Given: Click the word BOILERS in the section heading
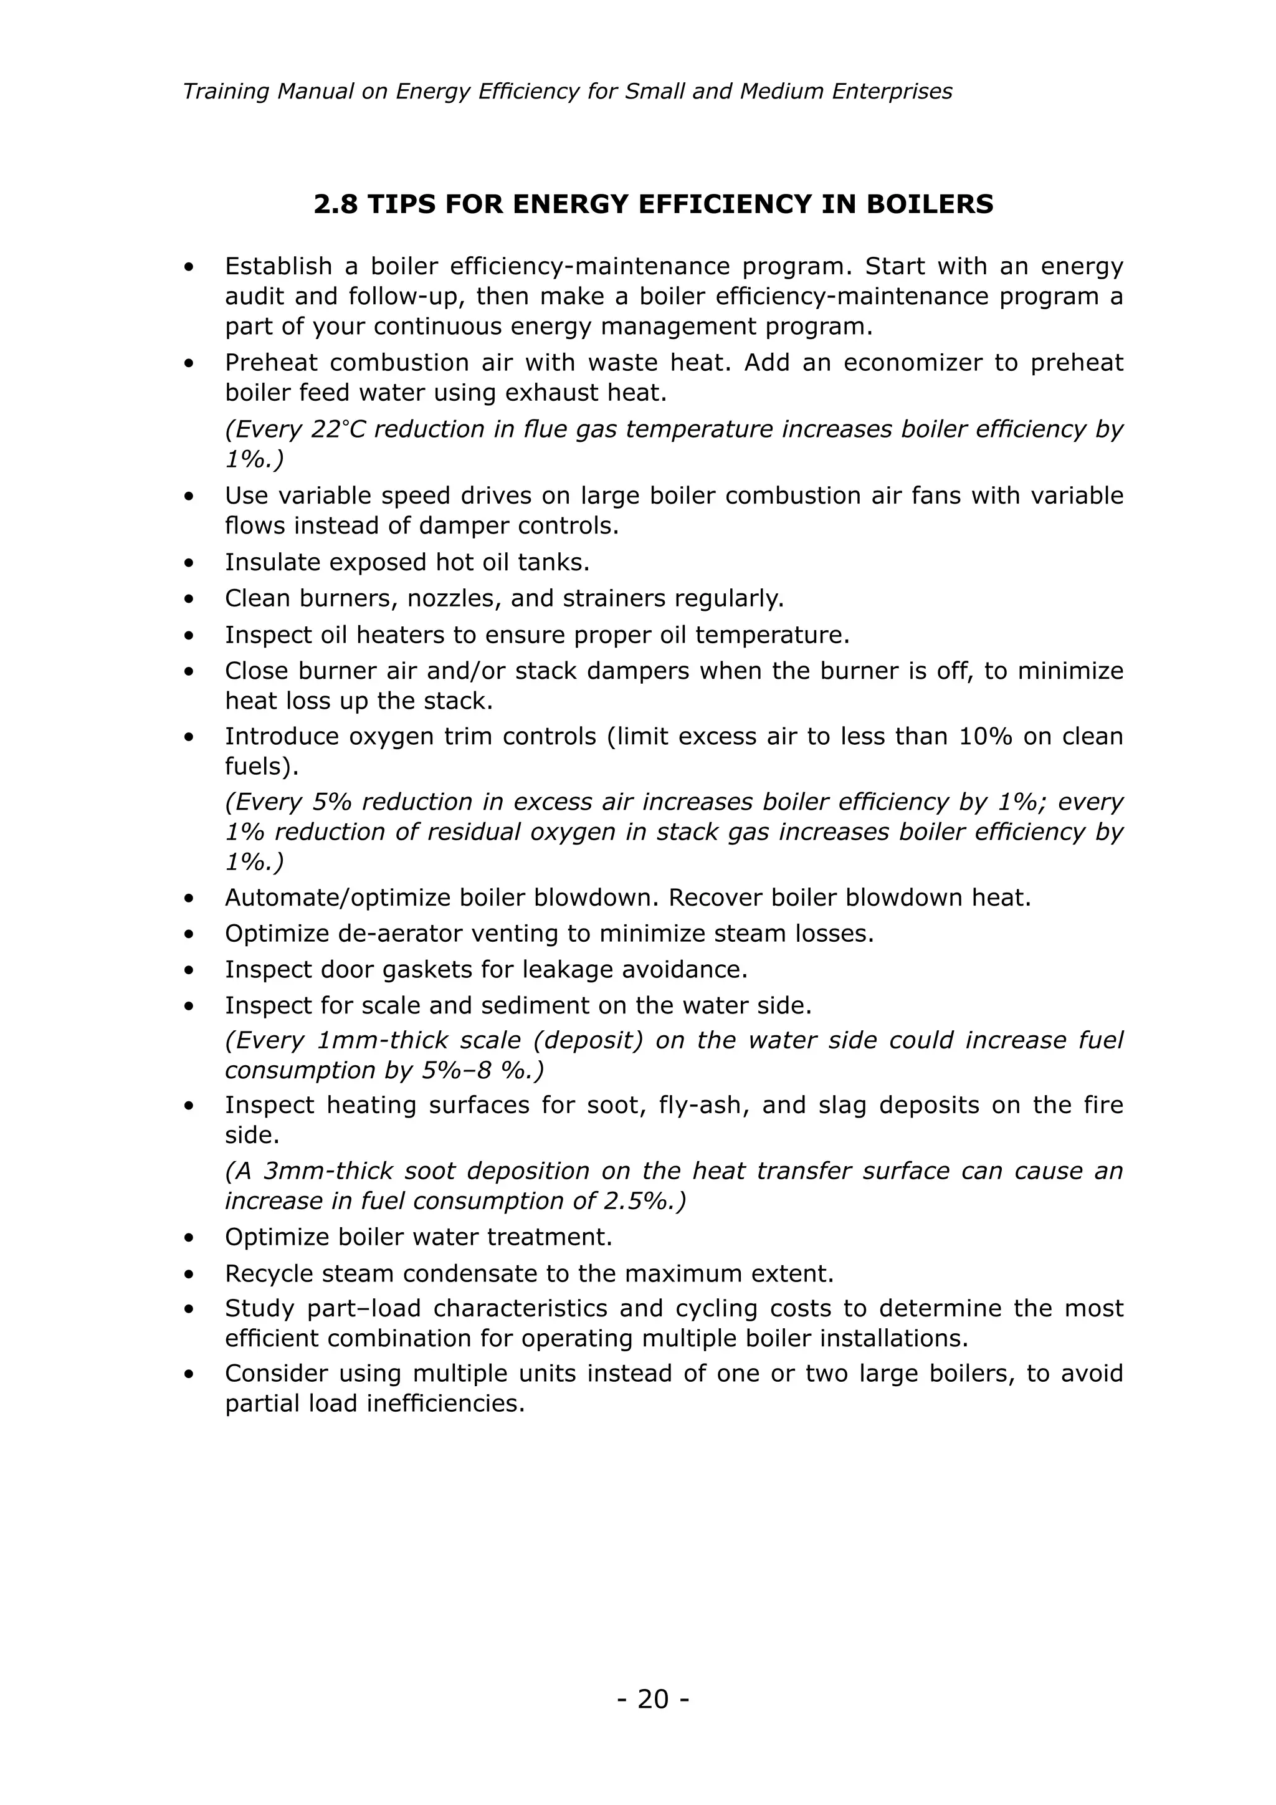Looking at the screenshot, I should [x=930, y=204].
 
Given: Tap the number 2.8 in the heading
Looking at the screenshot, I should [x=336, y=204].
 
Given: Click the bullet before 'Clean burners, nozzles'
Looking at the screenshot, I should [x=189, y=600].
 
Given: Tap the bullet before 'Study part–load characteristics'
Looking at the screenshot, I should [x=189, y=1309].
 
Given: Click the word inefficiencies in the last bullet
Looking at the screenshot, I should [x=445, y=1403].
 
